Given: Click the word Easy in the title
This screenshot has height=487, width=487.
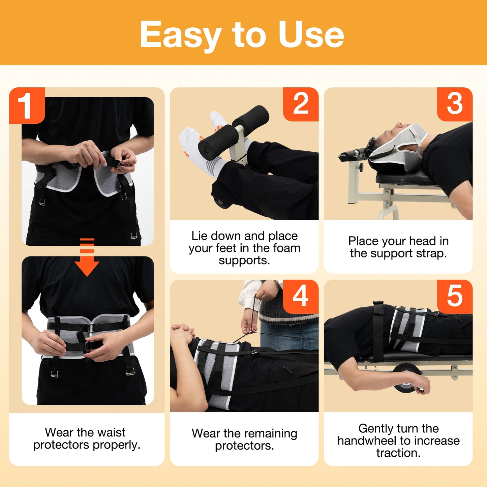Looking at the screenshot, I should pyautogui.click(x=181, y=35).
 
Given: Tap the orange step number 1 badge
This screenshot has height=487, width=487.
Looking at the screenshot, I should pyautogui.click(x=27, y=105).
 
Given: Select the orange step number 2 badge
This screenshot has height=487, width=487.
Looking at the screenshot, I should pyautogui.click(x=301, y=104).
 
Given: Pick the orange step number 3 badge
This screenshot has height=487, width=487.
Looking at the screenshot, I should pyautogui.click(x=455, y=104).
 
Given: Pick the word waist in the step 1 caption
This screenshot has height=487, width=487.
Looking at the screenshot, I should pyautogui.click(x=109, y=432).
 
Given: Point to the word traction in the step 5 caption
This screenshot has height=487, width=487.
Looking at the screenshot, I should pyautogui.click(x=398, y=453).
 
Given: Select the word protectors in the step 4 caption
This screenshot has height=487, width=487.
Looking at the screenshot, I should pyautogui.click(x=244, y=446).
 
